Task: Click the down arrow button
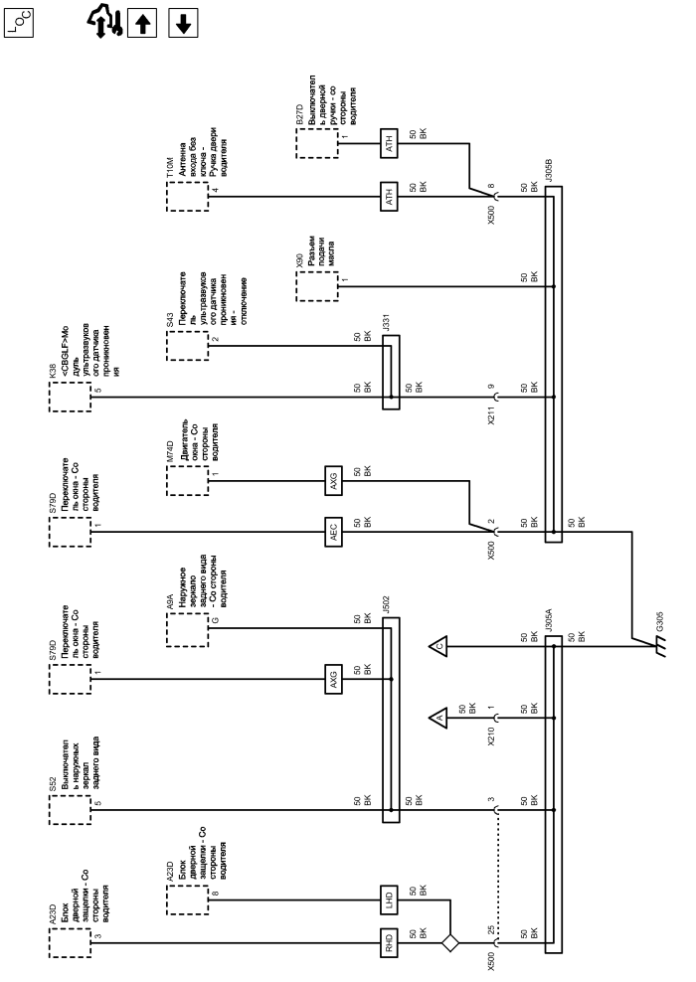click(x=181, y=21)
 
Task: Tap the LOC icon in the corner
click(x=21, y=21)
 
